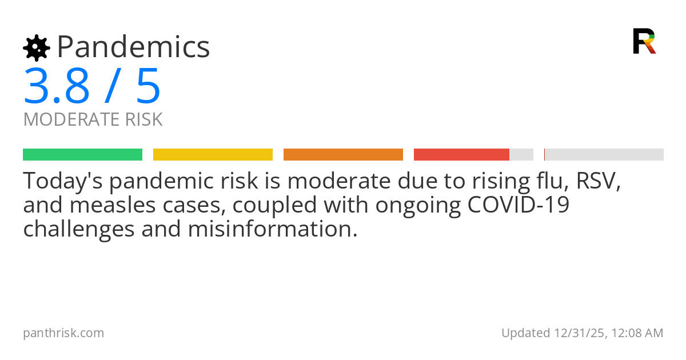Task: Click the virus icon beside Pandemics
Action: [x=36, y=48]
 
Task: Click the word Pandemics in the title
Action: [x=134, y=47]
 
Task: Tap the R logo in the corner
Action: [x=644, y=41]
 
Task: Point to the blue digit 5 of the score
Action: [x=148, y=87]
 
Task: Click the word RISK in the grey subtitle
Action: [x=143, y=120]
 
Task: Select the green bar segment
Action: [x=82, y=154]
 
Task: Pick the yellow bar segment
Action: [x=213, y=154]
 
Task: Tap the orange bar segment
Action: [x=343, y=154]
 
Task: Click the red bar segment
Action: [x=461, y=154]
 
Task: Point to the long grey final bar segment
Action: [x=604, y=154]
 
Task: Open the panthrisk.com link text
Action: [x=63, y=333]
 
